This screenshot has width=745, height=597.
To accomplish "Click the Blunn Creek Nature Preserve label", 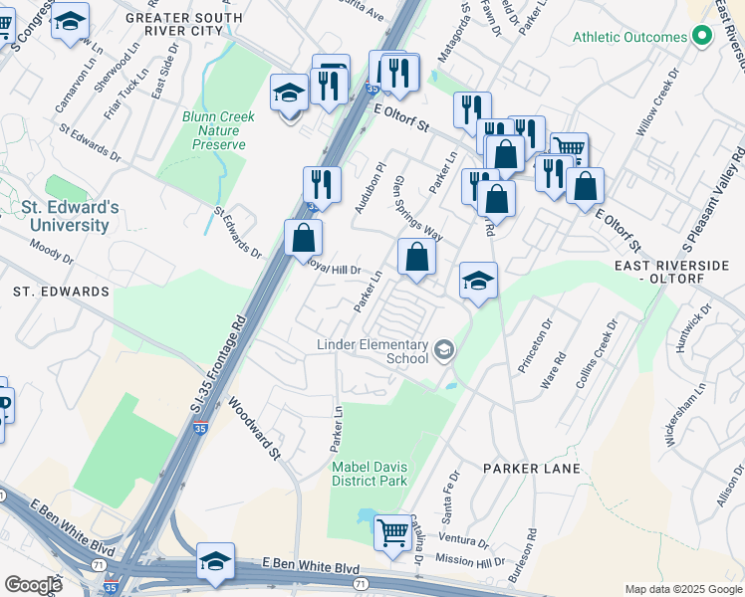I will (218, 130).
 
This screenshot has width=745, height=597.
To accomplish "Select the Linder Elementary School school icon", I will (443, 349).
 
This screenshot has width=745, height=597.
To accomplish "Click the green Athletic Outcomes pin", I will (701, 37).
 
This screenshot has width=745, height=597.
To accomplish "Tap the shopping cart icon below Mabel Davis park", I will (391, 531).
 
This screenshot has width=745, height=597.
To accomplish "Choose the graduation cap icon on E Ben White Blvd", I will (215, 561).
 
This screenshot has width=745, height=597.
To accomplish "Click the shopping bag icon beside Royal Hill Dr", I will (303, 239).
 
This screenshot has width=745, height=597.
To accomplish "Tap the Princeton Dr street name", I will (533, 346).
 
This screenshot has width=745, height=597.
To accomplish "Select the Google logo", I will (33, 585).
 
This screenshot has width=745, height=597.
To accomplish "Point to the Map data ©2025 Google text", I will (682, 589).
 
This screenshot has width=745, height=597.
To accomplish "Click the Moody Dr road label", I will (48, 249).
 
